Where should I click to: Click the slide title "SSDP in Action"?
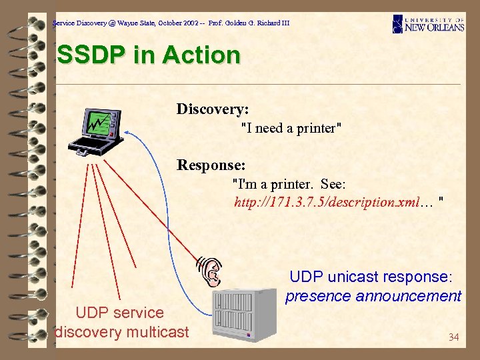pyautogui.click(x=148, y=55)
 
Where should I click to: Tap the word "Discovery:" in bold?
pyautogui.click(x=213, y=109)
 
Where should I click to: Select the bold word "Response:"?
pyautogui.click(x=211, y=164)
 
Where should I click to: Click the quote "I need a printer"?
pyautogui.click(x=291, y=128)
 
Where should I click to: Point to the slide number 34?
pyautogui.click(x=453, y=337)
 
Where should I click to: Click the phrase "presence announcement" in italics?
pyautogui.click(x=373, y=295)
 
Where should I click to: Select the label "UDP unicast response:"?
pyautogui.click(x=371, y=276)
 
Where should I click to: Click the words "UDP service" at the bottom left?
pyautogui.click(x=120, y=312)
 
